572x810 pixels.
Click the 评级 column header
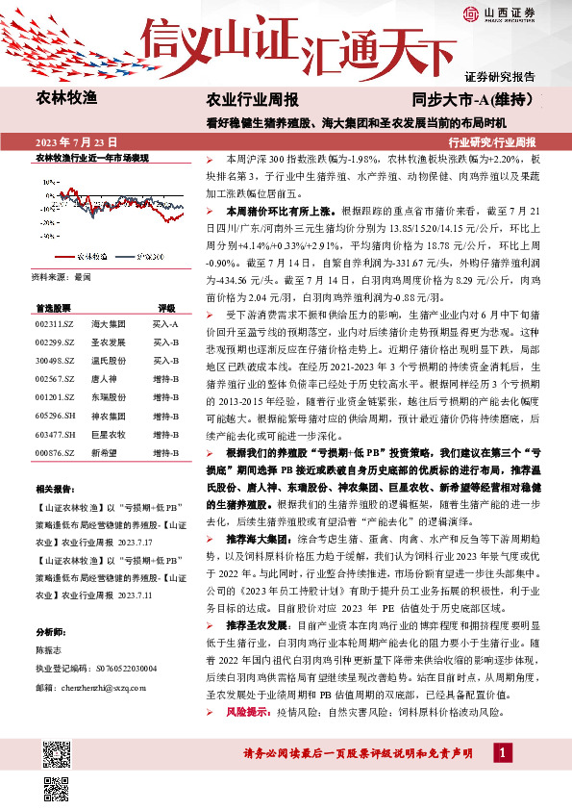[x=165, y=308]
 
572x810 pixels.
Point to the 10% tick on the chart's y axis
[x=47, y=180]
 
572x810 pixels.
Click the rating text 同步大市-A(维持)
[x=473, y=99]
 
